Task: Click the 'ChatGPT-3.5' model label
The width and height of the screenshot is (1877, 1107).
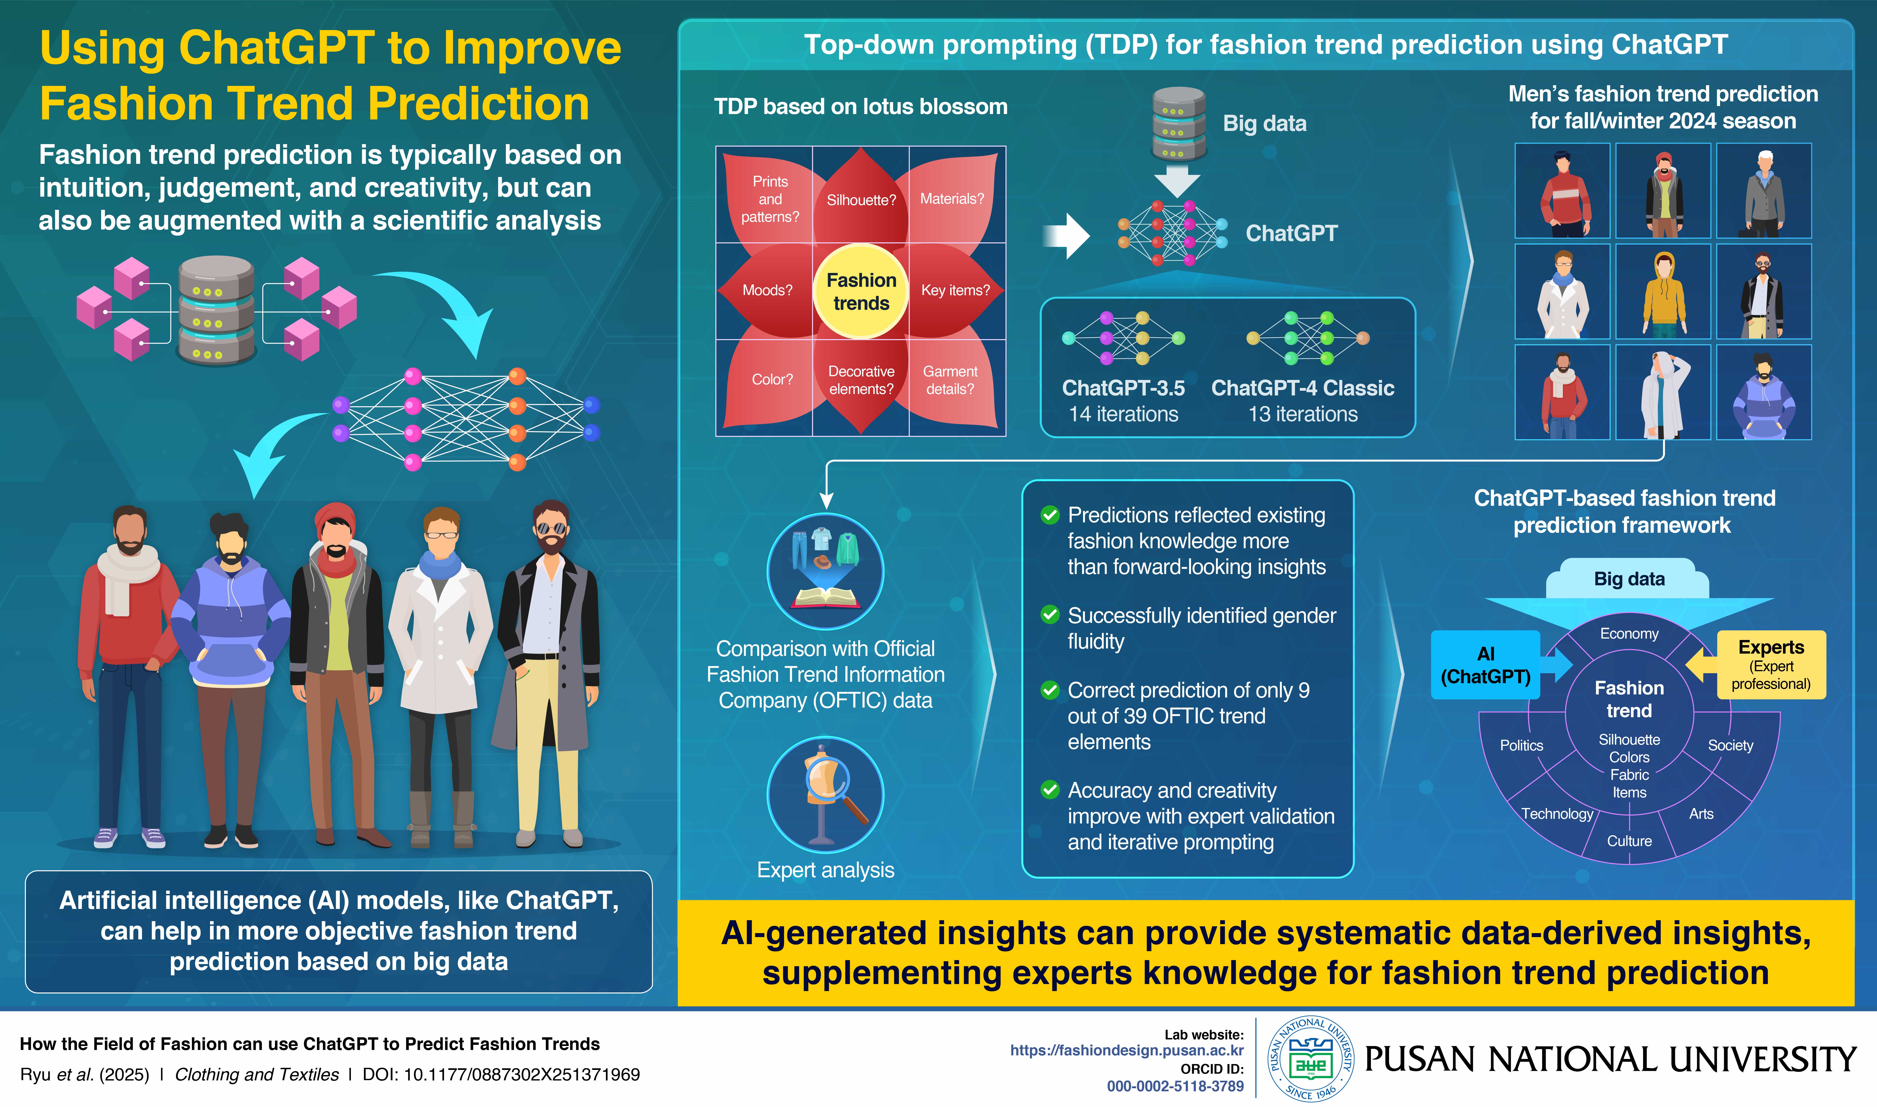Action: (1123, 388)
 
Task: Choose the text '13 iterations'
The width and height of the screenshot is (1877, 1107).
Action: (1303, 414)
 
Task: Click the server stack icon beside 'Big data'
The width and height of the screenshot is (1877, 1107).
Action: (1178, 124)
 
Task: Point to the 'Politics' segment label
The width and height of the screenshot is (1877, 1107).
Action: (1521, 745)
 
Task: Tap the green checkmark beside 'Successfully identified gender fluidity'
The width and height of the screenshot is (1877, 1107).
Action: (1050, 615)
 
